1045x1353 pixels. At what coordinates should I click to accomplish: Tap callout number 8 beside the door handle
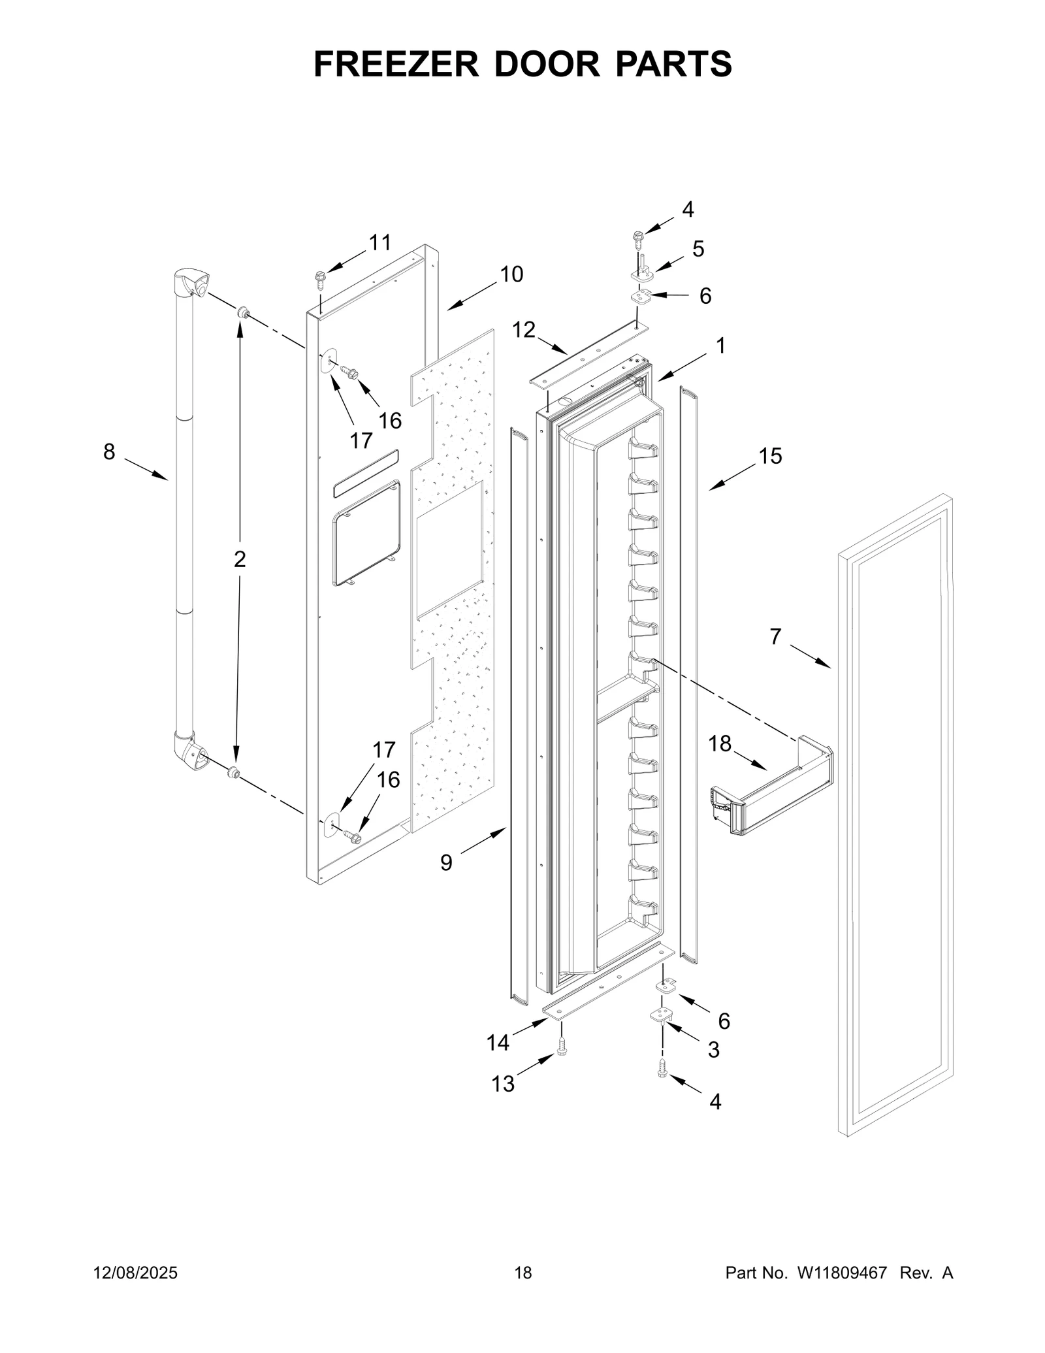109,451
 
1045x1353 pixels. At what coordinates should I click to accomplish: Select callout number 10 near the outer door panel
511,274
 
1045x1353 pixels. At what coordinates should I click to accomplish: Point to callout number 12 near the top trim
523,330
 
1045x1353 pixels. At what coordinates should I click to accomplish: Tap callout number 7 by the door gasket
775,636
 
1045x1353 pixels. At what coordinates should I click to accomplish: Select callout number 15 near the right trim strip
770,456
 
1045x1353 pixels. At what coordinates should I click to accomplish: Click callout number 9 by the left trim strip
446,863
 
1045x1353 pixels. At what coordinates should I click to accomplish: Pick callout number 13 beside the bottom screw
503,1084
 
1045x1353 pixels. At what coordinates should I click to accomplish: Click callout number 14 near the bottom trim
498,1043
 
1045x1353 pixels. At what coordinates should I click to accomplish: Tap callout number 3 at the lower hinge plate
713,1049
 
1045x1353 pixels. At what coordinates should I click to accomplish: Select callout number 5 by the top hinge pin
698,249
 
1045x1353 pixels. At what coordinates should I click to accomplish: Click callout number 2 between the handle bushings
240,559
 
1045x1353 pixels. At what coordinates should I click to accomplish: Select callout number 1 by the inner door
720,346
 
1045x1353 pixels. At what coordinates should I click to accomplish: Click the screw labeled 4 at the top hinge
637,240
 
